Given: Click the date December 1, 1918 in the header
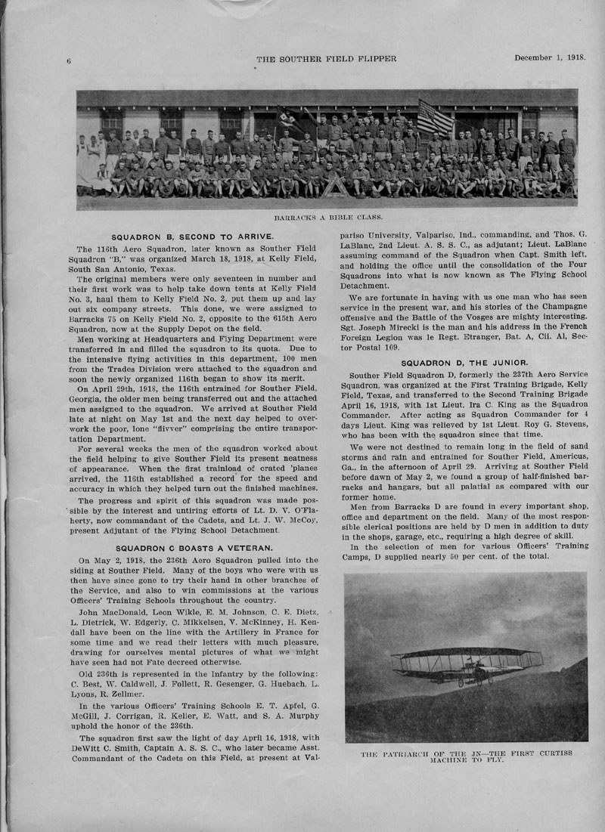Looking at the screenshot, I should point(550,57).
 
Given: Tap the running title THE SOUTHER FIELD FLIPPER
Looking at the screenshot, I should point(327,58).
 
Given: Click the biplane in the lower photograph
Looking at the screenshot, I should point(465,663).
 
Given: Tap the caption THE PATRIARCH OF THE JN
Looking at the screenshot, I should point(465,756).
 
